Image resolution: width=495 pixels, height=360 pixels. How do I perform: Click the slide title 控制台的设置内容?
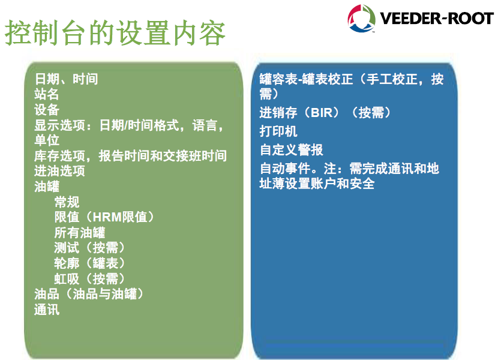pos(115,33)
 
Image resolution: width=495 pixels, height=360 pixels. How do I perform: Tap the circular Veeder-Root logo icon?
pos(361,19)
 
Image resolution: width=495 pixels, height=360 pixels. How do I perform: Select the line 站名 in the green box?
pos(47,94)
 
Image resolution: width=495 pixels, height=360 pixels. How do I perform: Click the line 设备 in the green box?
pos(47,110)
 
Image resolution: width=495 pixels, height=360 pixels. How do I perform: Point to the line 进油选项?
pos(59,171)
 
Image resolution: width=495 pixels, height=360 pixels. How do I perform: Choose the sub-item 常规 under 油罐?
pos(67,202)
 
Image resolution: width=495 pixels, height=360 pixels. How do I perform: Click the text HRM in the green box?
pos(107,217)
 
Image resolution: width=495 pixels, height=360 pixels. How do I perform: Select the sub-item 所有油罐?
pos(80,233)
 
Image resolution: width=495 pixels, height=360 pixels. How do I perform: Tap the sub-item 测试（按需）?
pos(89,248)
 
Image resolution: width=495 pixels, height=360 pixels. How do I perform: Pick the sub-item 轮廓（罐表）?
pos(89,263)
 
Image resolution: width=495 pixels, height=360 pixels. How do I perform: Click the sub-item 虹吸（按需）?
pos(89,279)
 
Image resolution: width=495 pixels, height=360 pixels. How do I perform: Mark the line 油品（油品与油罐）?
pos(89,294)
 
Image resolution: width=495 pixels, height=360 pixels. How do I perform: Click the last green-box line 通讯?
pos(47,310)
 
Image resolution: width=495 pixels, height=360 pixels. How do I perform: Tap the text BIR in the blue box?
pos(322,113)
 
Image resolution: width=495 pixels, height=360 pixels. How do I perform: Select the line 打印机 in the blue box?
pos(278,131)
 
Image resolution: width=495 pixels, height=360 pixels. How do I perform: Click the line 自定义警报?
pos(292,149)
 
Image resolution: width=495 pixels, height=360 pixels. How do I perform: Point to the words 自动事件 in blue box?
pos(285,169)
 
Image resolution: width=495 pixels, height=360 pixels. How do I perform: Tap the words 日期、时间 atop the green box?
pos(66,79)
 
